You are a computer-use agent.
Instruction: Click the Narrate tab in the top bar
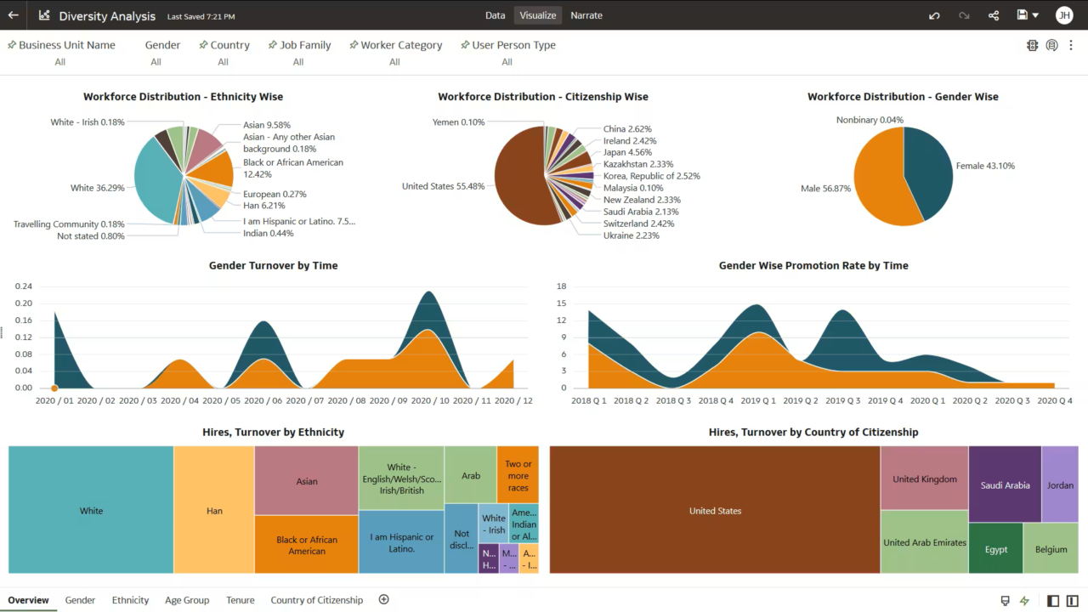(586, 15)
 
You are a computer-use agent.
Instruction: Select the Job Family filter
(305, 45)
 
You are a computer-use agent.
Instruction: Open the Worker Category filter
(401, 45)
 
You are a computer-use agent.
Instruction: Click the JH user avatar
(1063, 15)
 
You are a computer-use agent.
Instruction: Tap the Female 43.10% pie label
(985, 166)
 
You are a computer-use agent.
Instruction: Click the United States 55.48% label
(443, 186)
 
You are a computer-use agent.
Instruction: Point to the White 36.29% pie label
(97, 188)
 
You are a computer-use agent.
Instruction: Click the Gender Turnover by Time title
(273, 265)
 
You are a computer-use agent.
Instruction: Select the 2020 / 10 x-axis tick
(433, 400)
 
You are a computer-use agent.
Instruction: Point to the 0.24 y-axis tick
(24, 286)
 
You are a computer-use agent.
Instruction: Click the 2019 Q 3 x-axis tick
(841, 400)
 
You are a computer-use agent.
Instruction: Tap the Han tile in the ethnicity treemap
(214, 511)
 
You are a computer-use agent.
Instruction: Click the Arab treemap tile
(471, 476)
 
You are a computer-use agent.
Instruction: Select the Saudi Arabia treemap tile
(1005, 485)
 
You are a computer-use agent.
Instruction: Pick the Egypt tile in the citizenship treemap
(996, 549)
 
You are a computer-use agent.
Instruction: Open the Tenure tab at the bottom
(240, 600)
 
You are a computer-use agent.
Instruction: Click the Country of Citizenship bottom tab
(316, 600)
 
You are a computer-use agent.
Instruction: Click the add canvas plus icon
(383, 599)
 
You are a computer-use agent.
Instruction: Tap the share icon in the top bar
(994, 15)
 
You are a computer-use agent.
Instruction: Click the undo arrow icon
(934, 15)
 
